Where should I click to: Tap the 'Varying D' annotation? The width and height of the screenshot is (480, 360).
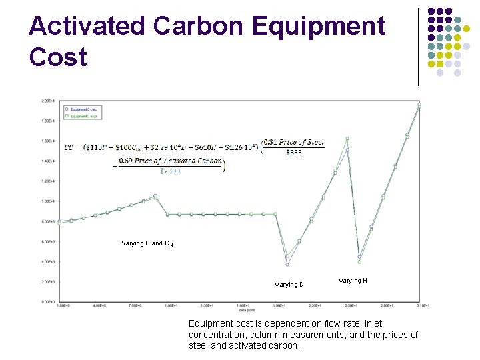289,285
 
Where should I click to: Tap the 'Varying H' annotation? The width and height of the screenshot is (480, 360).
353,281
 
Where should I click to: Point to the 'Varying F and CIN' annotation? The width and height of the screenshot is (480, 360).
147,244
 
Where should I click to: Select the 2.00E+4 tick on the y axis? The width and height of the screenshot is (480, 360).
48,101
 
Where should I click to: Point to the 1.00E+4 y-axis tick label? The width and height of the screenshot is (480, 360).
48,201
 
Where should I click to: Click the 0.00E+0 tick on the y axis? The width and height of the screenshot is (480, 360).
48,302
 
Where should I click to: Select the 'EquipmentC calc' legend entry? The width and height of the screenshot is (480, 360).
83,109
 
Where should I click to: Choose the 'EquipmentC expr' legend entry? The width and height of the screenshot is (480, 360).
83,115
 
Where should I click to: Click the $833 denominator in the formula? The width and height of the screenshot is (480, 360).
293,153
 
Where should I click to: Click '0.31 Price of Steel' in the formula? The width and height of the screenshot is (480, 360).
293,141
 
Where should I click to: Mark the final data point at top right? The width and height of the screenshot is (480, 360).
419,105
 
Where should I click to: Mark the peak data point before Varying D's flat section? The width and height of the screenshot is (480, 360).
155,196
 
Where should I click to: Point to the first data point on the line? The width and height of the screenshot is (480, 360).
60,221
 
